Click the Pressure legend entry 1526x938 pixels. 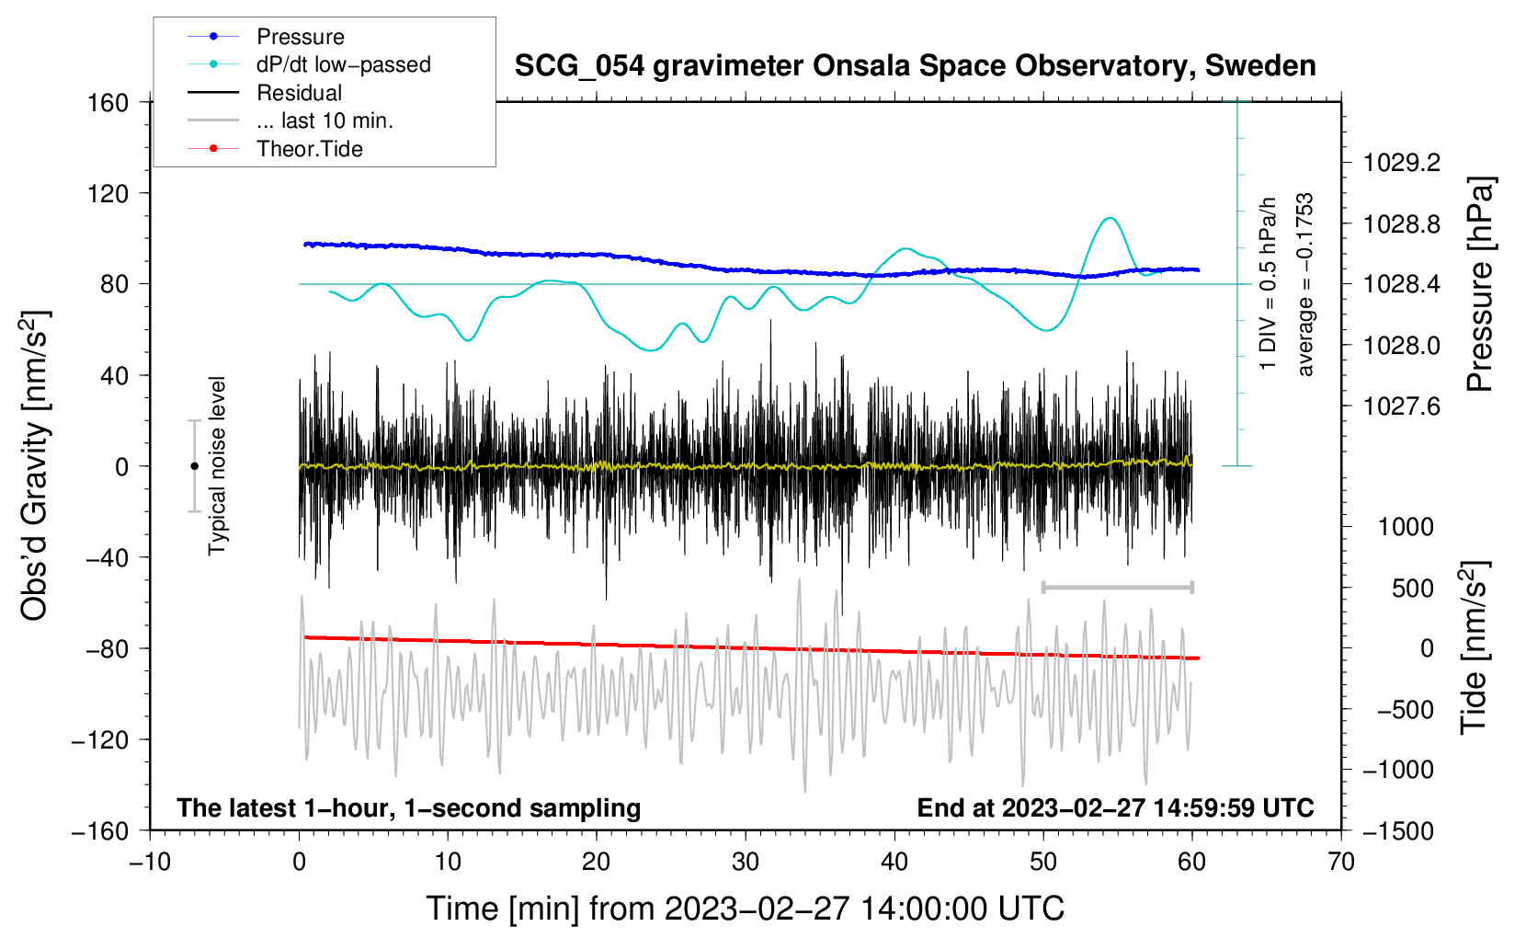pyautogui.click(x=267, y=36)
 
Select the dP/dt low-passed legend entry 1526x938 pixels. pyautogui.click(x=309, y=64)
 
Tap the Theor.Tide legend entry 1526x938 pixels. pyautogui.click(x=275, y=149)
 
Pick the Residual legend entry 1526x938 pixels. pyautogui.click(x=265, y=93)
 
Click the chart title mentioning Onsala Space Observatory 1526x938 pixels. pyautogui.click(x=915, y=66)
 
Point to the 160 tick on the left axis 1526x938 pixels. pyautogui.click(x=108, y=103)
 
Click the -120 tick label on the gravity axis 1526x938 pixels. pyautogui.click(x=100, y=739)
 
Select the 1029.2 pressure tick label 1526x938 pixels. pyautogui.click(x=1402, y=163)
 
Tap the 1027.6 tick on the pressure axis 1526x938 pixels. pyautogui.click(x=1402, y=406)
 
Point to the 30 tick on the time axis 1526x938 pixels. pyautogui.click(x=746, y=863)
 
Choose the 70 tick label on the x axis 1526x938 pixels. pyautogui.click(x=1340, y=863)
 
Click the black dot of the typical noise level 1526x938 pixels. pyautogui.click(x=194, y=466)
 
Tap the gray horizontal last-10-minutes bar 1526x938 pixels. pyautogui.click(x=1118, y=588)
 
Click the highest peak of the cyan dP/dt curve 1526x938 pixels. pyautogui.click(x=1110, y=218)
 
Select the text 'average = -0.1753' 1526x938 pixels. pyautogui.click(x=1304, y=284)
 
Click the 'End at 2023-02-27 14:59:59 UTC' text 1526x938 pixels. pyautogui.click(x=1115, y=807)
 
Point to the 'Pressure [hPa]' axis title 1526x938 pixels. pyautogui.click(x=1480, y=284)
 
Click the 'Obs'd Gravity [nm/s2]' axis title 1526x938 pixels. pyautogui.click(x=34, y=466)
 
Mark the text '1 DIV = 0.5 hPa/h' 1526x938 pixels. pyautogui.click(x=1267, y=284)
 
